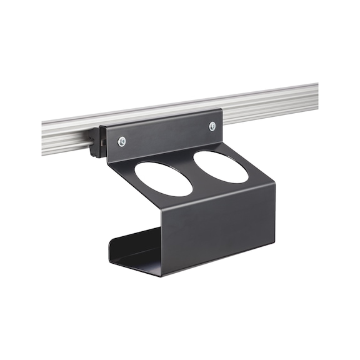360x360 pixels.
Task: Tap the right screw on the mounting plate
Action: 212,127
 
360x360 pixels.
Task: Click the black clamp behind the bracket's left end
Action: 96,142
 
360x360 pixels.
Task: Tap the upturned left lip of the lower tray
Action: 112,250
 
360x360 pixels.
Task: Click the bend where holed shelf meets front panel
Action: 212,199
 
